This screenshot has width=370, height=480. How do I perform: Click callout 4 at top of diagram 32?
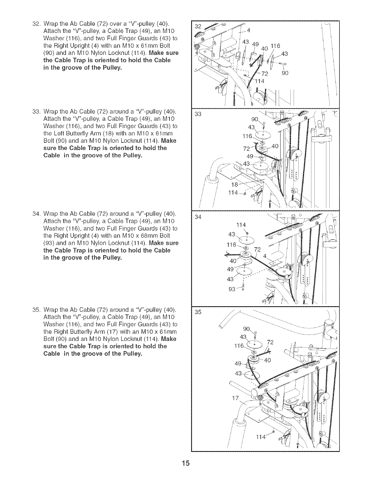coord(248,30)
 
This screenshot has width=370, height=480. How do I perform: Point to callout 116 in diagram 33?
coord(248,136)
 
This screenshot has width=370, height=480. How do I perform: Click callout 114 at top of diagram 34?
coord(241,225)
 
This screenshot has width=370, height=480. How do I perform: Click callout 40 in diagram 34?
coord(233,261)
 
